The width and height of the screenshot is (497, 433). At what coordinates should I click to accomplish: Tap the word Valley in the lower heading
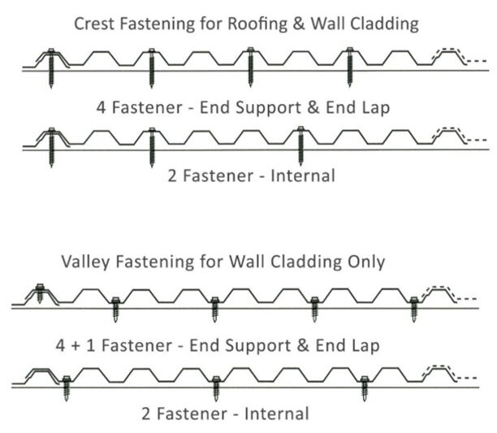click(84, 262)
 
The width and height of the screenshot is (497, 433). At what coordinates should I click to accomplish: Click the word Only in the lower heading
click(365, 262)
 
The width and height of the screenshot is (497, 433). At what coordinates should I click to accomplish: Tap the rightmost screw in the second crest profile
click(300, 145)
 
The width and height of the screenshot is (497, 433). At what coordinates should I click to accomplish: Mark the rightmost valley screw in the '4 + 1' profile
click(415, 306)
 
